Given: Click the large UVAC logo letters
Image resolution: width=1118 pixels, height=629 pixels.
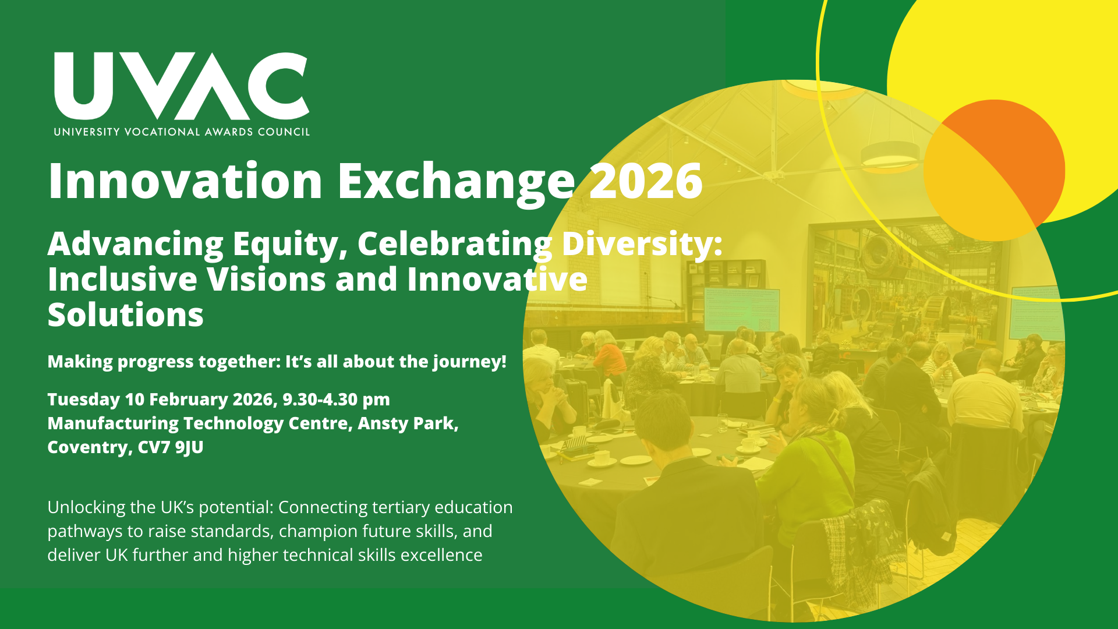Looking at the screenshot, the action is [x=182, y=86].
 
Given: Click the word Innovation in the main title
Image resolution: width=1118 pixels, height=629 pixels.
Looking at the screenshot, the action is [x=186, y=181].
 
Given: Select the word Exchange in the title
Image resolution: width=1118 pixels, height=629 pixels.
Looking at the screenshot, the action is [x=456, y=183].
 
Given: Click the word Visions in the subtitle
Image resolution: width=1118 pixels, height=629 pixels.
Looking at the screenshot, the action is [x=267, y=279].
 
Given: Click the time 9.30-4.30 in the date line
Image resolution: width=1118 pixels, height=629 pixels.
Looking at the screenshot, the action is [x=320, y=400].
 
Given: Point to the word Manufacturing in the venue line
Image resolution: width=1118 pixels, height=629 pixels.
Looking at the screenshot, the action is [x=113, y=423].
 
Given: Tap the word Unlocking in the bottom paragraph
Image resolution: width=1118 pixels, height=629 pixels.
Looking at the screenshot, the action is [x=86, y=508].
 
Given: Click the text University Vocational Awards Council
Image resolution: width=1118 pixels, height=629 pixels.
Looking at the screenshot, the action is [x=182, y=132].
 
